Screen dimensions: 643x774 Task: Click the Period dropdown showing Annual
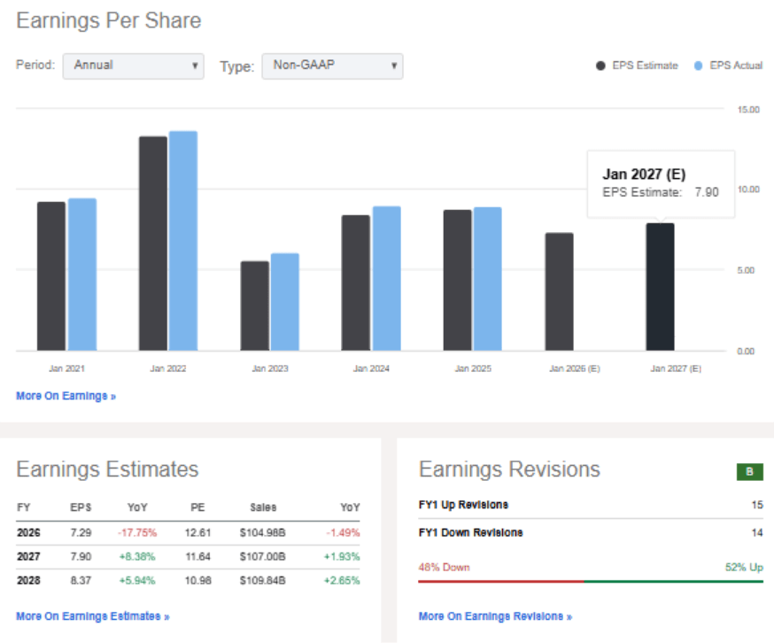tap(133, 66)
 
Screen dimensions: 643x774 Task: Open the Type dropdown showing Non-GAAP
tap(332, 66)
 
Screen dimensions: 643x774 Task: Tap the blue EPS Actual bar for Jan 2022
tap(183, 240)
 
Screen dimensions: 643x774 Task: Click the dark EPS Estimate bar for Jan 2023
tap(254, 305)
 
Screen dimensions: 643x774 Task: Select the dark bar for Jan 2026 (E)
tap(559, 291)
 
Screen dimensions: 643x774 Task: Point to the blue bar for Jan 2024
tap(386, 278)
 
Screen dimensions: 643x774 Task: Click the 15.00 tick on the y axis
tap(748, 110)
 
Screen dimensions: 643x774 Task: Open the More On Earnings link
tap(66, 396)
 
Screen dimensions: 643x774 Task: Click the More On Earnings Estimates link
tap(92, 616)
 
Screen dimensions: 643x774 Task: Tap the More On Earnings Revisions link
tap(495, 616)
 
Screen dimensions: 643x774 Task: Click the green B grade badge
tap(749, 472)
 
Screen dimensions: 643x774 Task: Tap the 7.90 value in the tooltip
tap(707, 192)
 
